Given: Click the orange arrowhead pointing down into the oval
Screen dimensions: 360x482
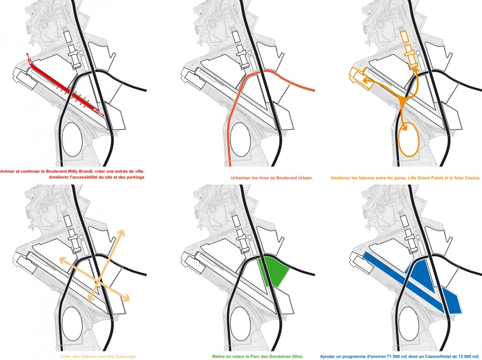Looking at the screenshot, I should click(404, 128).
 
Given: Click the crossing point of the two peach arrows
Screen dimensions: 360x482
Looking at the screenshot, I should click(98, 279).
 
